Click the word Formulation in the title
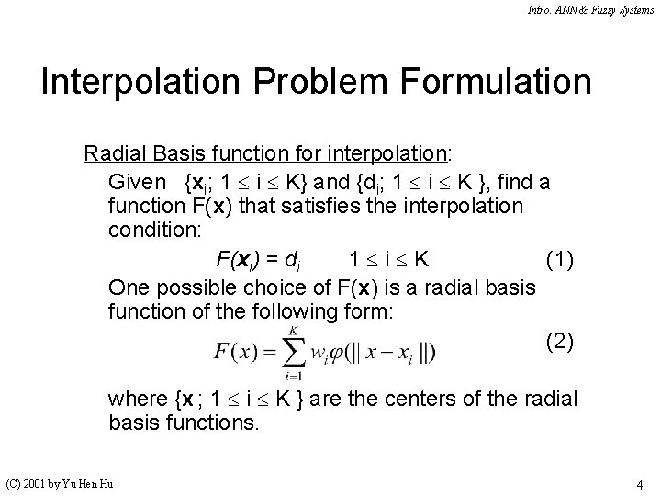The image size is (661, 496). [x=495, y=82]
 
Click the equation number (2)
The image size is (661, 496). [x=560, y=342]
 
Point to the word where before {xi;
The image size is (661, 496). [x=137, y=399]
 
